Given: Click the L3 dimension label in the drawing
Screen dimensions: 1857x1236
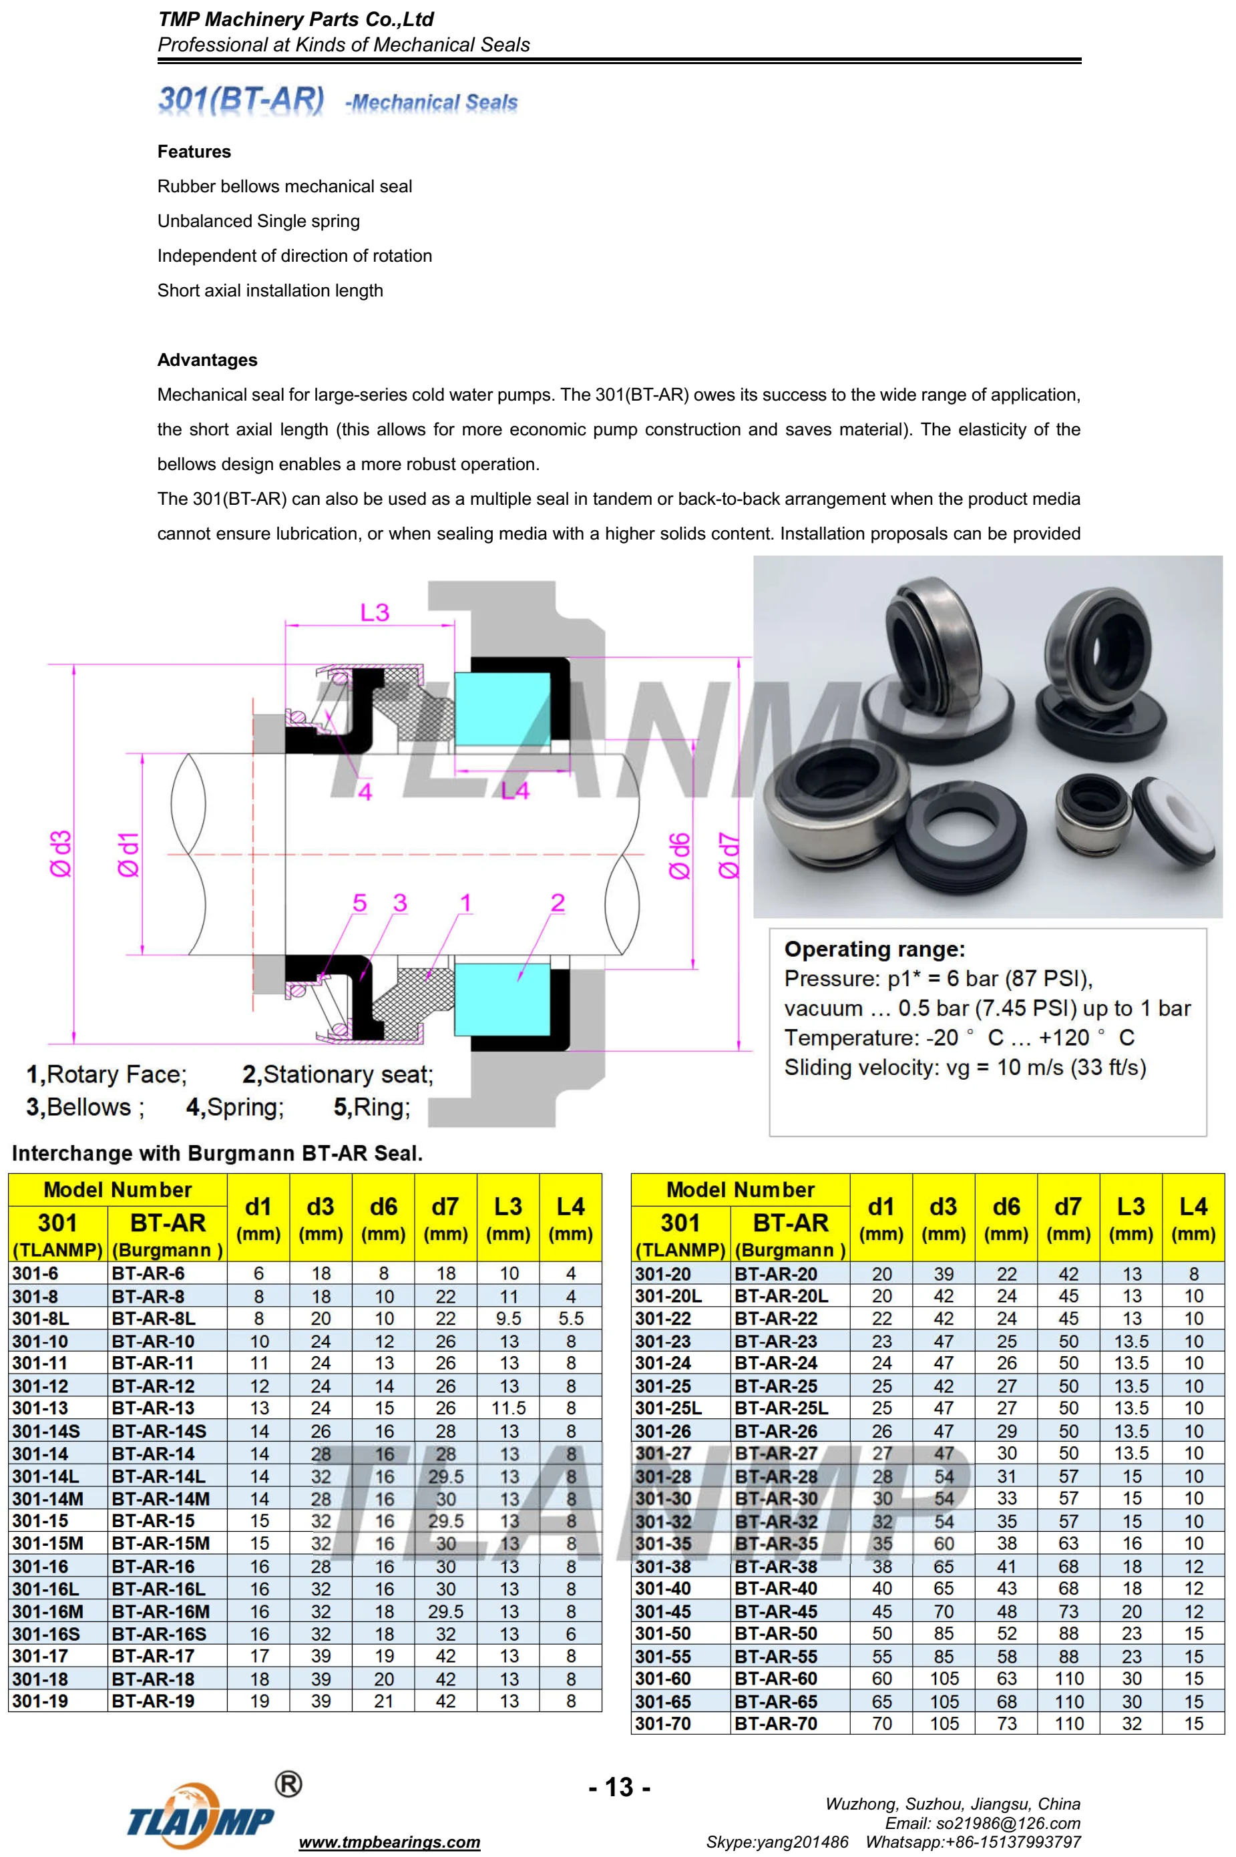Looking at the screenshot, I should click(x=375, y=612).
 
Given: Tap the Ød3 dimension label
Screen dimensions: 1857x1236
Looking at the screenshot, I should click(x=61, y=853).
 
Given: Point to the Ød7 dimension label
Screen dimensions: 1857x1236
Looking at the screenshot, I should click(x=730, y=855).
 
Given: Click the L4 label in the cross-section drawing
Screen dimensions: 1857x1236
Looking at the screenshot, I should click(x=516, y=791).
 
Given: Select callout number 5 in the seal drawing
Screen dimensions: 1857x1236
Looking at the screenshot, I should click(x=359, y=903).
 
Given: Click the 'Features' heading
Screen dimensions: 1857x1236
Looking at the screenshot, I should click(x=194, y=152).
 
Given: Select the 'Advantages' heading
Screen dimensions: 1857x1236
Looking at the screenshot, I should click(x=207, y=360).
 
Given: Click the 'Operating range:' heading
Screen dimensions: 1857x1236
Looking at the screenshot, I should click(x=874, y=949).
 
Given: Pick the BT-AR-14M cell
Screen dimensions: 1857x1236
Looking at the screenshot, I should click(x=160, y=1499).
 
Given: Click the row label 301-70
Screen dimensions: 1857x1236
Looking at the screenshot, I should click(x=662, y=1724).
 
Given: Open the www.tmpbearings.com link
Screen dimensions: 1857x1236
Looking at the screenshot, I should click(x=389, y=1842).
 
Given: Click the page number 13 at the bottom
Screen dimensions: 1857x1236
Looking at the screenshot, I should click(x=620, y=1788).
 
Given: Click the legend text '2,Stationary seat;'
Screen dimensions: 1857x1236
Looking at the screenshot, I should click(x=337, y=1074).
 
